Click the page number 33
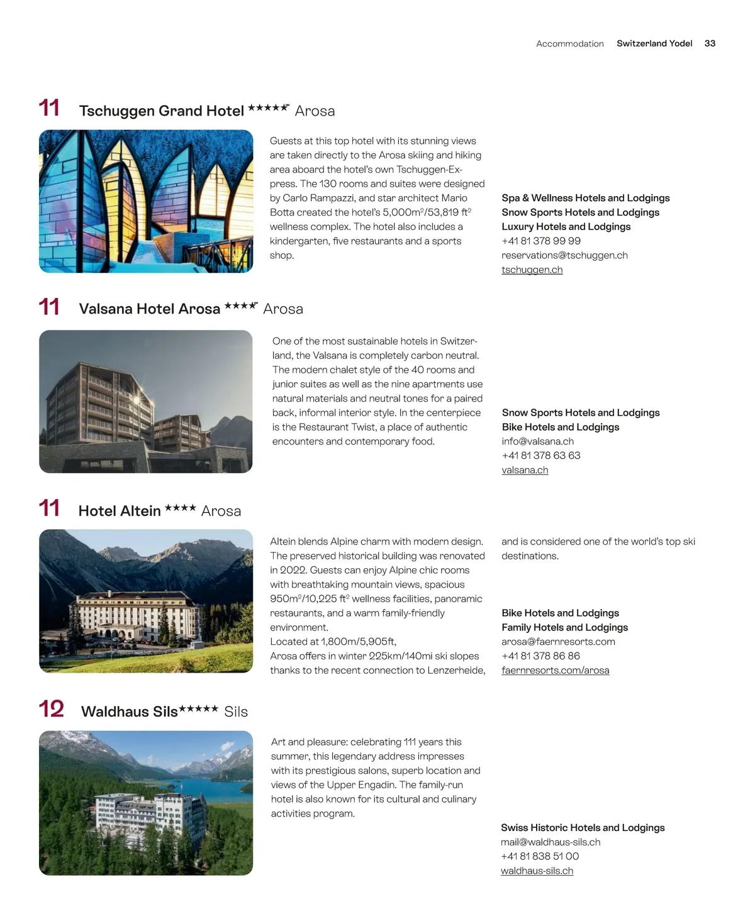pos(710,43)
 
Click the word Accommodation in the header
pos(569,43)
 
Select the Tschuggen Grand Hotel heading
pos(161,111)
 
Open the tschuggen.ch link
pos(532,270)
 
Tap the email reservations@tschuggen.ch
pos(564,255)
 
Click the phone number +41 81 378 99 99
pos(540,241)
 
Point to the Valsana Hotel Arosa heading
pos(149,309)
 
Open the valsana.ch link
pos(525,470)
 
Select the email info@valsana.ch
pos(537,441)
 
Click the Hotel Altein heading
pos(120,511)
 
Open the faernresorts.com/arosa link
pos(555,670)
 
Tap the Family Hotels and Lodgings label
pos(564,627)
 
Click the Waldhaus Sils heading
pos(129,712)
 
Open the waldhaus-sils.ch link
pos(537,871)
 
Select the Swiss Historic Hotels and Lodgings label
pos(583,828)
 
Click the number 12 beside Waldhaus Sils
pos(52,709)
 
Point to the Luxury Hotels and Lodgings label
pos(566,226)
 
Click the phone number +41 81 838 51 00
pos(540,856)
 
